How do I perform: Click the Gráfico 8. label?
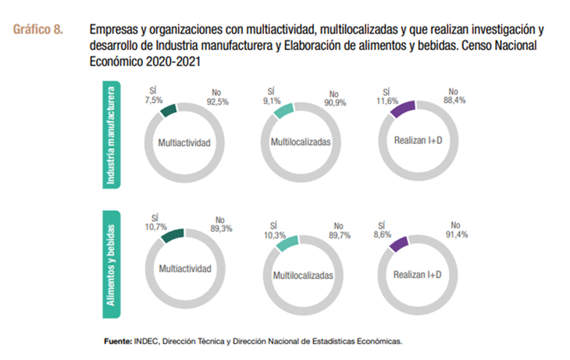pyautogui.click(x=37, y=30)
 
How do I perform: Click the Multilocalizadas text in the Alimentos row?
pyautogui.click(x=303, y=276)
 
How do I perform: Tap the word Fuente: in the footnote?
pyautogui.click(x=118, y=341)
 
